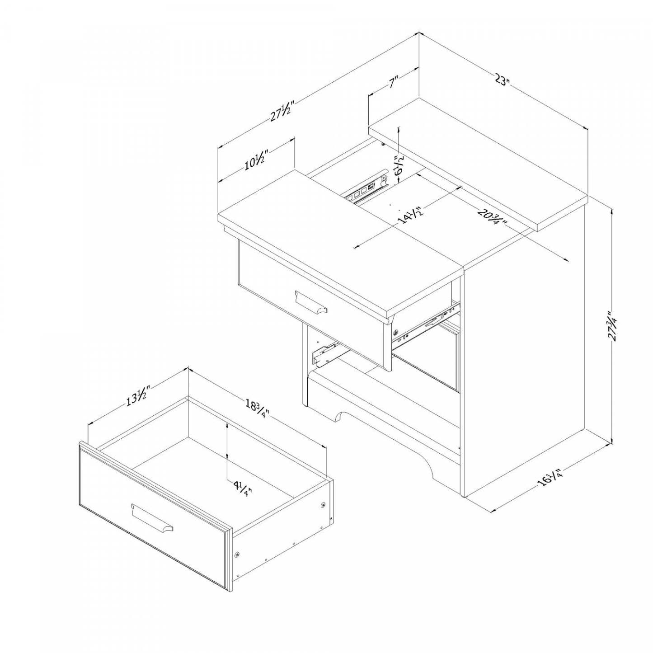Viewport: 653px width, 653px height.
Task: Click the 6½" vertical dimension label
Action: [399, 165]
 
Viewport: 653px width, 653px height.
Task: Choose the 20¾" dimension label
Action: [491, 217]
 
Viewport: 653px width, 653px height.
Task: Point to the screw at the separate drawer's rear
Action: [323, 504]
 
